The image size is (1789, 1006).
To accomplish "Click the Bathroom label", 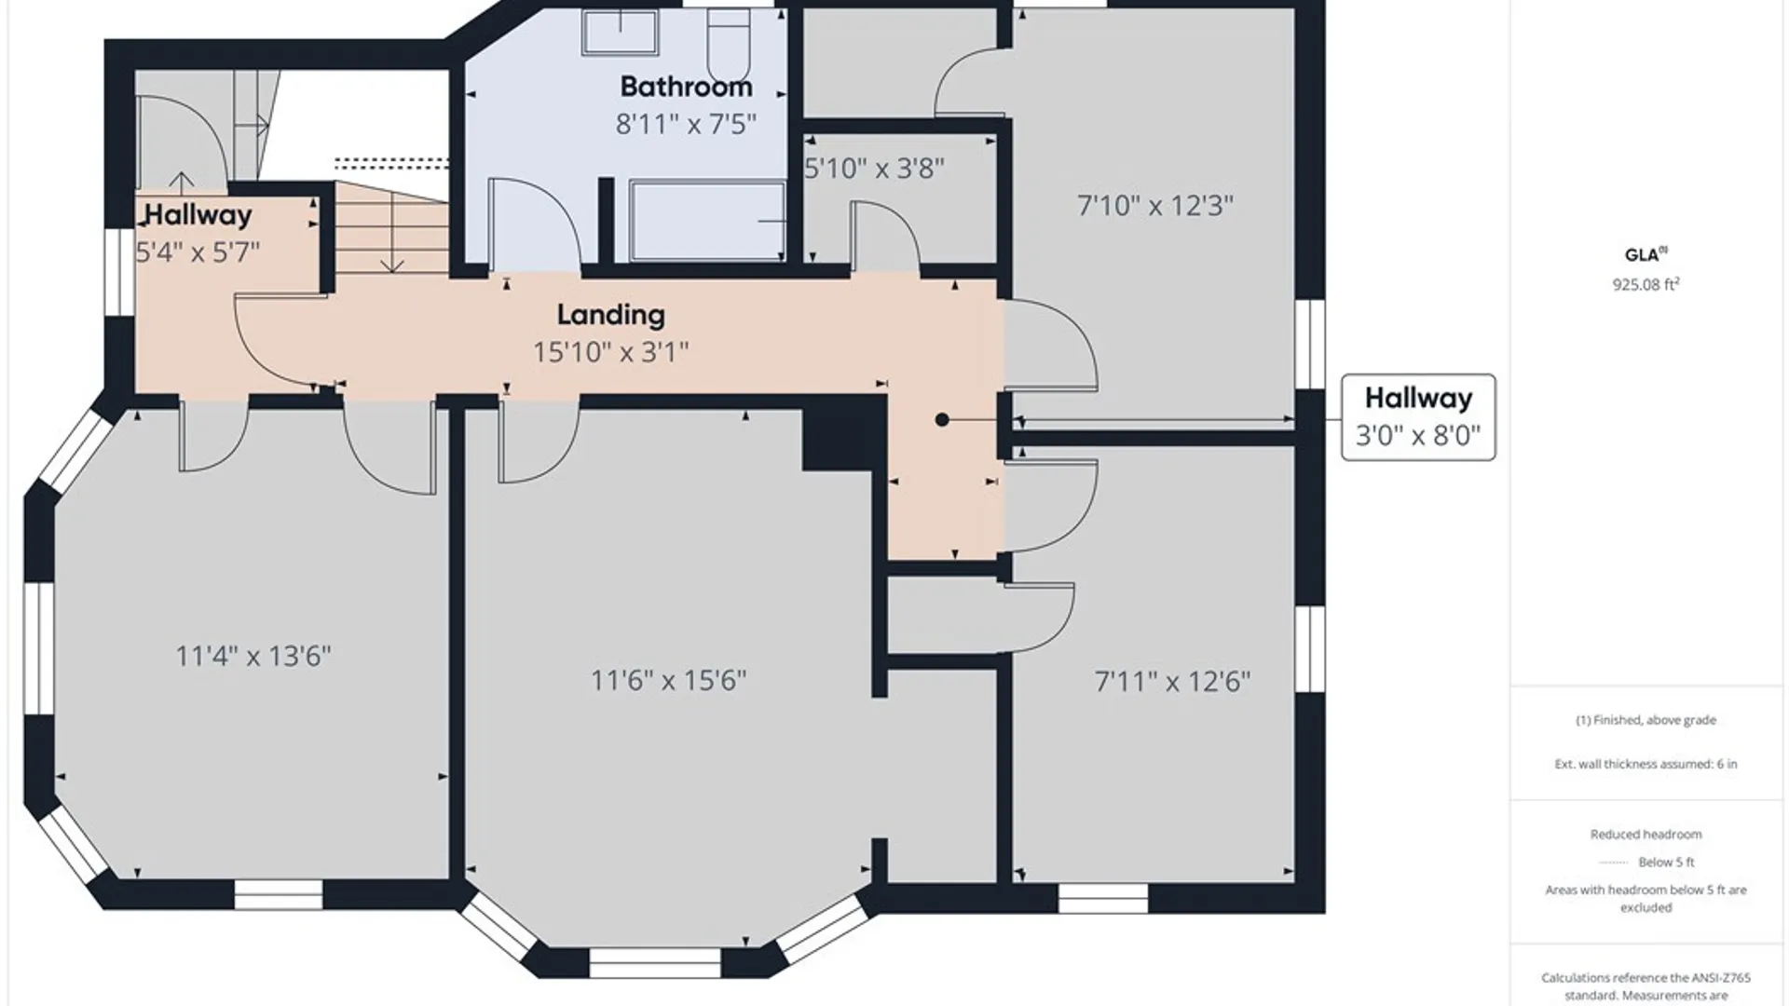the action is [686, 87].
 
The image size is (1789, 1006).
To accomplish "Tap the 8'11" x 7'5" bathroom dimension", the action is [686, 124].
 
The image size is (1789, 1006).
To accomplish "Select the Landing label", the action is [611, 316].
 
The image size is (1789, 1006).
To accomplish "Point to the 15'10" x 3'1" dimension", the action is [611, 352].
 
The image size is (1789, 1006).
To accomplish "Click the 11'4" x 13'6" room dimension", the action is [253, 657].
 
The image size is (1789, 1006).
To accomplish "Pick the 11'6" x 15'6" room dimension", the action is [669, 681].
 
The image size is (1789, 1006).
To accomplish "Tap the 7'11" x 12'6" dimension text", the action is [1172, 682].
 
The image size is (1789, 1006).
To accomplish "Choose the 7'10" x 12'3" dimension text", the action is [1155, 206].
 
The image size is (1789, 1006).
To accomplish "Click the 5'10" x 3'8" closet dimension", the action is [874, 169].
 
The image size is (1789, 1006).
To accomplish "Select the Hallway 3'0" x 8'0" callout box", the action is [1418, 417].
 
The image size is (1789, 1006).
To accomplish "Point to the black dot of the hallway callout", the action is [942, 420].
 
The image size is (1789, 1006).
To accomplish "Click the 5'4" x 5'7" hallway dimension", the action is [198, 252].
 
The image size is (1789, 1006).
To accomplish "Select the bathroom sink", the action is [621, 33].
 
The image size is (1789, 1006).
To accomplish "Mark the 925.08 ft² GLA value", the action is [1646, 284].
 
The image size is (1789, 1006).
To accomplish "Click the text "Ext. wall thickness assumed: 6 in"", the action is [1646, 764].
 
